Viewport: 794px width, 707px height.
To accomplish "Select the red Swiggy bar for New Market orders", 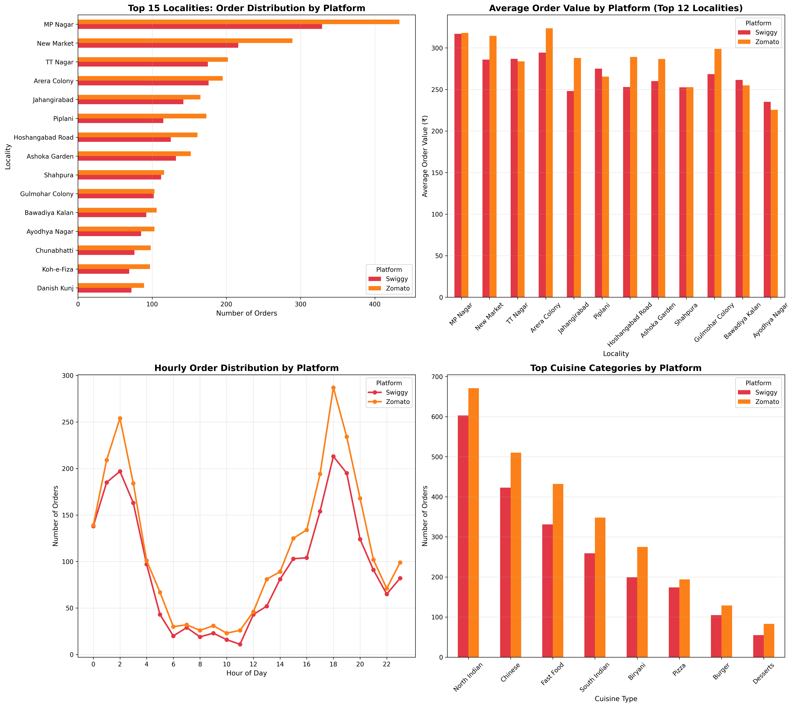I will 158,46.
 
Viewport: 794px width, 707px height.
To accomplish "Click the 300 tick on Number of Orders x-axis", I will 300,304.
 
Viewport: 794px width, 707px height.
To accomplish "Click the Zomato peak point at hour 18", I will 333,388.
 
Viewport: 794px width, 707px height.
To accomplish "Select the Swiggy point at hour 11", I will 240,644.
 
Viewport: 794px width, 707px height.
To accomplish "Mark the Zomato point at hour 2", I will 120,418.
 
